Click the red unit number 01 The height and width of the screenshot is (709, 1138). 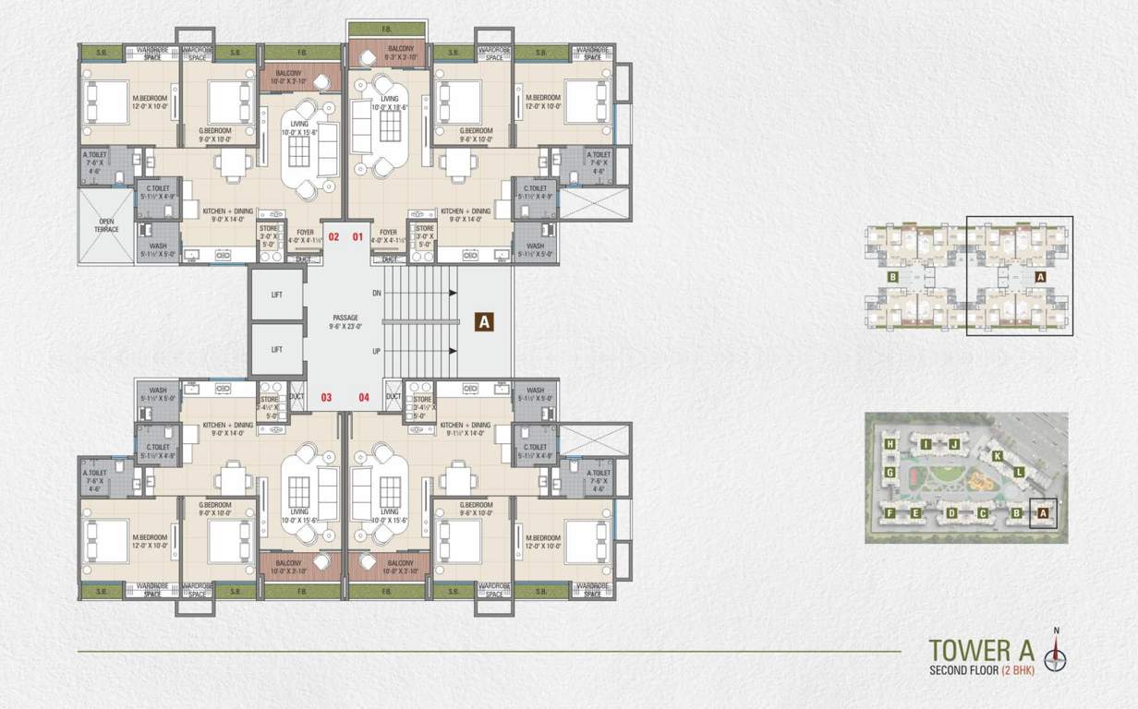tap(357, 237)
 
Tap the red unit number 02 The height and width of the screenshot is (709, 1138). tap(333, 237)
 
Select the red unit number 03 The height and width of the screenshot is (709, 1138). tap(326, 398)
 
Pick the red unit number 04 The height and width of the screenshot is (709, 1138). tap(364, 398)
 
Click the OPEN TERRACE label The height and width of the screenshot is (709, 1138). tap(106, 225)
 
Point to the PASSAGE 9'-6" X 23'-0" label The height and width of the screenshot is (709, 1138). tap(345, 321)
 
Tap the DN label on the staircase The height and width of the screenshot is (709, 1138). tap(376, 293)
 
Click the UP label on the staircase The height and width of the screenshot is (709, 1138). tap(376, 352)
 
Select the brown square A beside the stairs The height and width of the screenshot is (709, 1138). tap(484, 321)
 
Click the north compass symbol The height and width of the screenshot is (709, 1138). tap(1056, 656)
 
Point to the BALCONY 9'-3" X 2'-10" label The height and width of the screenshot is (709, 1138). tap(388, 52)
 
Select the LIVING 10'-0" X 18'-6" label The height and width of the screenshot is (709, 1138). tap(389, 103)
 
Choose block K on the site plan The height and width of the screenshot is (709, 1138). tap(997, 456)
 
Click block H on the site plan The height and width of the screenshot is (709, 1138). tap(890, 444)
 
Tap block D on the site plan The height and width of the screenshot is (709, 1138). tap(950, 513)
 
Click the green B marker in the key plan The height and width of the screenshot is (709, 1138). tap(892, 276)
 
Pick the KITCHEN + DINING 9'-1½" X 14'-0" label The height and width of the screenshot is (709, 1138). tap(465, 427)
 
